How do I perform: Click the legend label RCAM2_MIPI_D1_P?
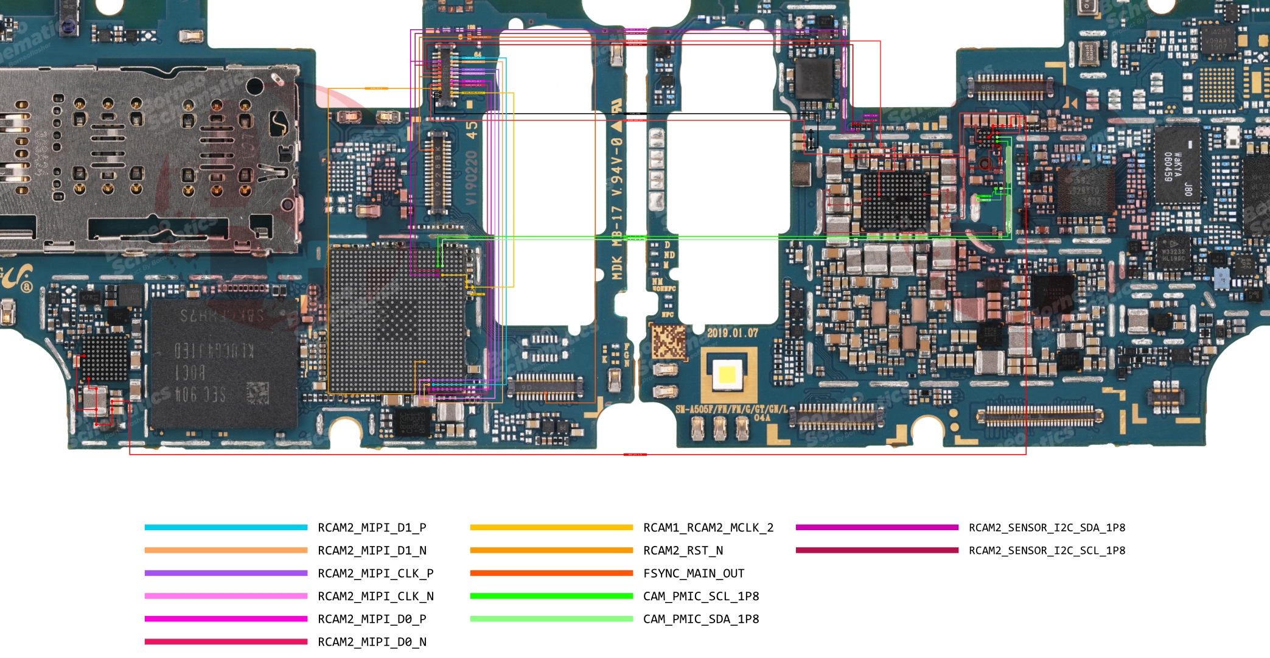pyautogui.click(x=372, y=528)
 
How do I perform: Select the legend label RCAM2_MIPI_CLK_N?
pyautogui.click(x=375, y=597)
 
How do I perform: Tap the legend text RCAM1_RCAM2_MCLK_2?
pyautogui.click(x=708, y=528)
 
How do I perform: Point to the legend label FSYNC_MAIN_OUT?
pyautogui.click(x=694, y=573)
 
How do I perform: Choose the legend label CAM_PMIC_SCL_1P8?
pyautogui.click(x=701, y=597)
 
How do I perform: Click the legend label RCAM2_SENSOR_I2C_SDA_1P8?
pyautogui.click(x=1047, y=528)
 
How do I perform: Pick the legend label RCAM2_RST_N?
pyautogui.click(x=683, y=551)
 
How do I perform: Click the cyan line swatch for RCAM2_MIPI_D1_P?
pyautogui.click(x=226, y=528)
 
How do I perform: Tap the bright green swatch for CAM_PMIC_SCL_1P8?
pyautogui.click(x=551, y=597)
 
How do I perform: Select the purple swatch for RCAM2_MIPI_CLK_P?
pyautogui.click(x=226, y=573)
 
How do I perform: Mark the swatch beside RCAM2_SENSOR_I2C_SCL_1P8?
pyautogui.click(x=877, y=551)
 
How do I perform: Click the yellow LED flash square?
pyautogui.click(x=727, y=374)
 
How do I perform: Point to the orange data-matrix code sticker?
pyautogui.click(x=669, y=341)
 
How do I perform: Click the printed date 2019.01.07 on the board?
pyautogui.click(x=733, y=333)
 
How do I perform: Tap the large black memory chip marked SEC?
pyautogui.click(x=223, y=363)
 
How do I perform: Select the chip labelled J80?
pyautogui.click(x=1178, y=164)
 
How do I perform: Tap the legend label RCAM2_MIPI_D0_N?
pyautogui.click(x=372, y=642)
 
